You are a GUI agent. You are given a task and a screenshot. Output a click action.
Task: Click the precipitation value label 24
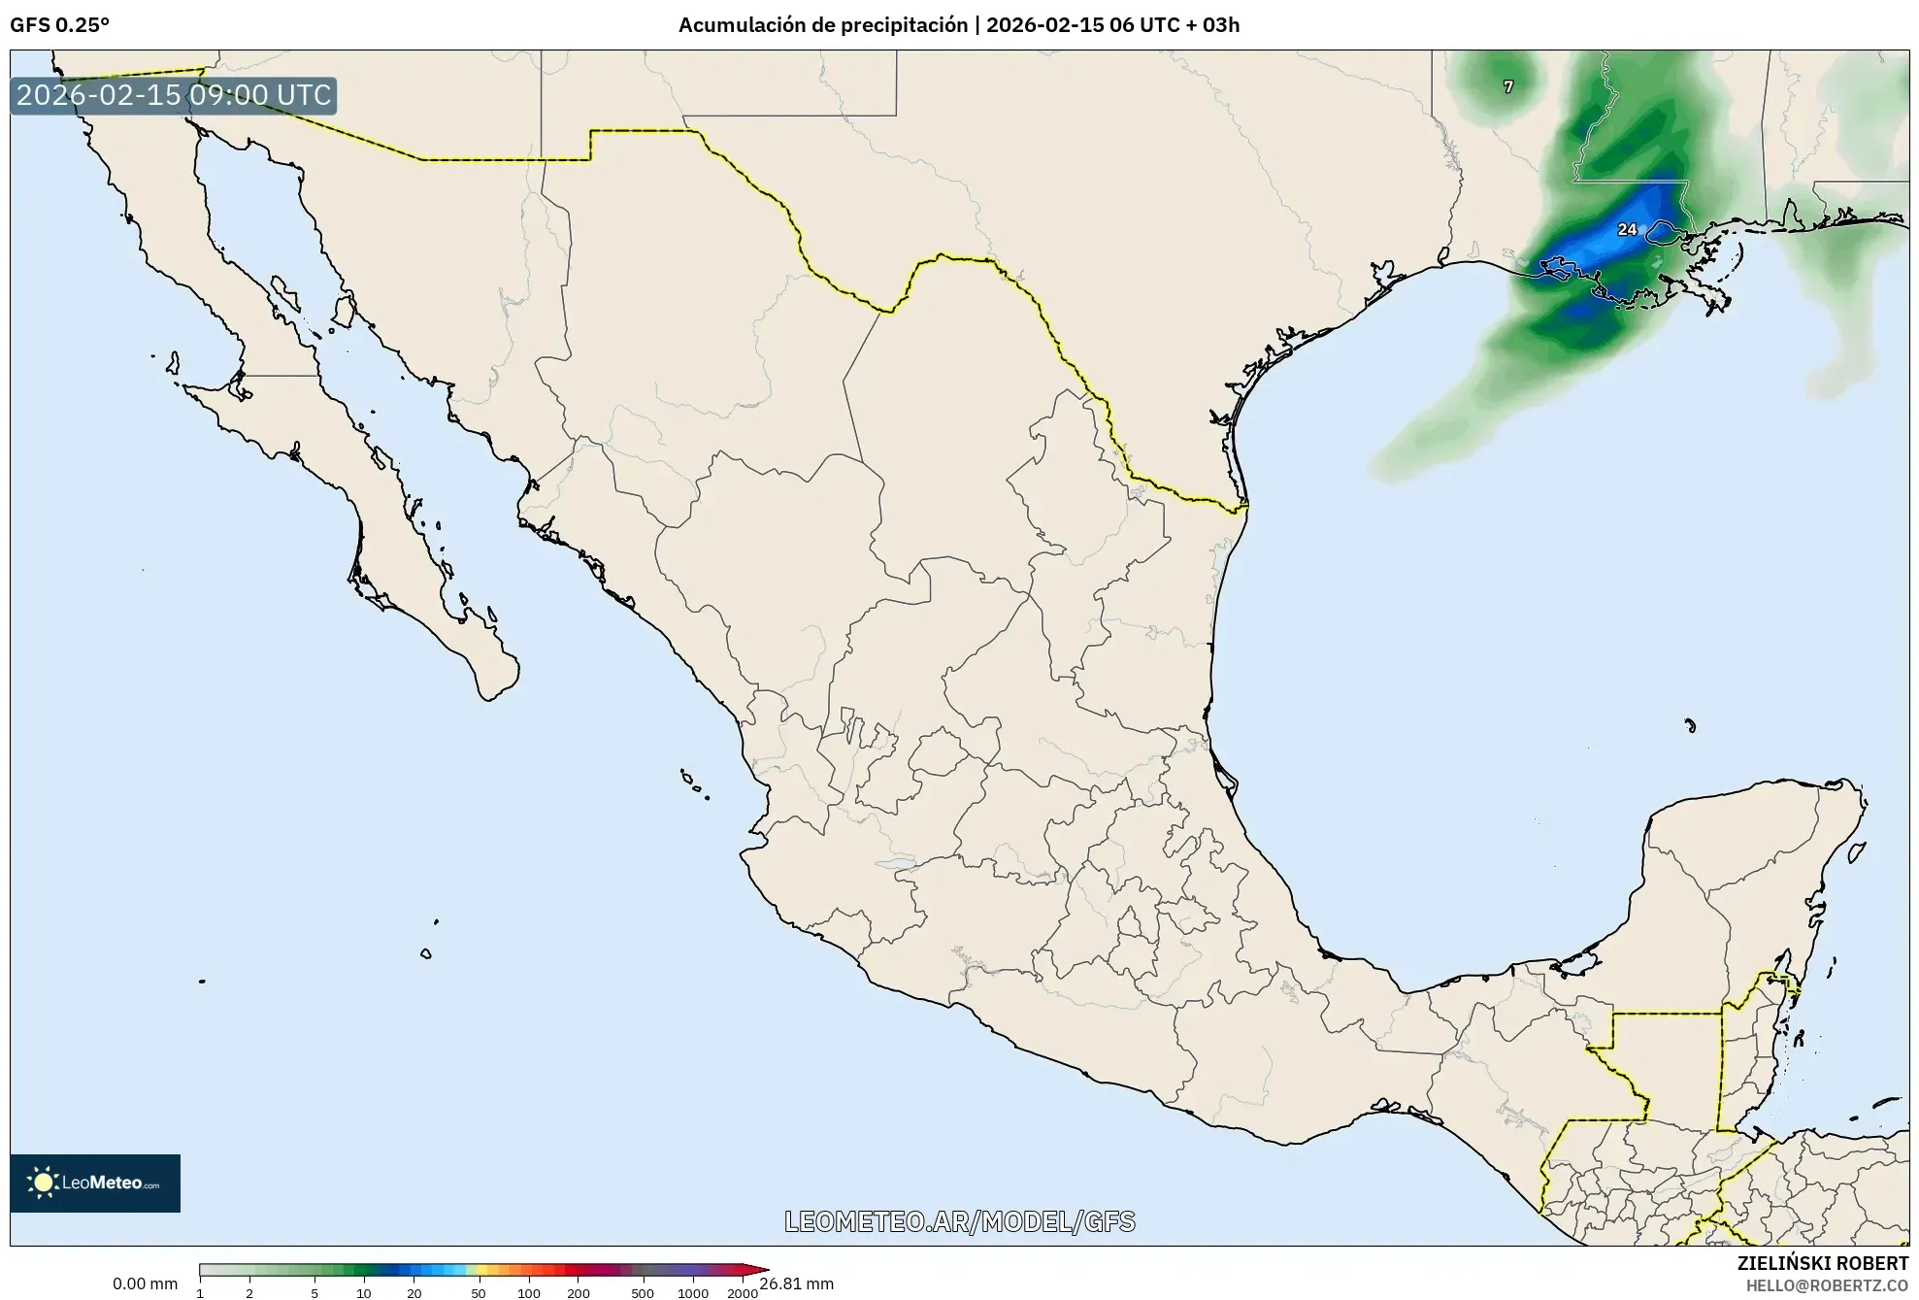click(x=1627, y=230)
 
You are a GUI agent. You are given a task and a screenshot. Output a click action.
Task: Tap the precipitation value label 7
click(x=1507, y=87)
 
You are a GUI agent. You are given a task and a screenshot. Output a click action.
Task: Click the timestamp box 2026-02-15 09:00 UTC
click(x=174, y=96)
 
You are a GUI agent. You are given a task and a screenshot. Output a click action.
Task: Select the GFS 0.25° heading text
click(x=59, y=25)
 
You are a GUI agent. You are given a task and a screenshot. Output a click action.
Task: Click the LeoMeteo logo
click(x=95, y=1183)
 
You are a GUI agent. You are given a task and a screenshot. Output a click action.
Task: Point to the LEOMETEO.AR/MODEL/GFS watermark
click(x=959, y=1221)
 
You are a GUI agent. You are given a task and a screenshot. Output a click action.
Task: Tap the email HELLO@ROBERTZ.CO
click(x=1827, y=1285)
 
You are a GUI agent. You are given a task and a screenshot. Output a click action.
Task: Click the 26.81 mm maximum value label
click(x=797, y=1283)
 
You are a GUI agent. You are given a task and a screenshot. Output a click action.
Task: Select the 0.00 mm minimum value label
click(x=145, y=1283)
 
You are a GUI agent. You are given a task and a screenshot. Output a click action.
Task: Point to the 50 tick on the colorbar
click(x=478, y=1292)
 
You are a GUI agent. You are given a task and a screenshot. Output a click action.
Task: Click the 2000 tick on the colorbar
click(x=742, y=1292)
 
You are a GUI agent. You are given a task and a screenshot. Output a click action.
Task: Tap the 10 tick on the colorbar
click(x=363, y=1292)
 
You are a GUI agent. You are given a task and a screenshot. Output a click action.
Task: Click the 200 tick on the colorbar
click(x=579, y=1292)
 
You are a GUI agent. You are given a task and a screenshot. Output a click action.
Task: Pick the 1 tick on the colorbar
click(x=200, y=1292)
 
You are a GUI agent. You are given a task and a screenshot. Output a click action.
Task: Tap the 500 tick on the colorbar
click(x=643, y=1292)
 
